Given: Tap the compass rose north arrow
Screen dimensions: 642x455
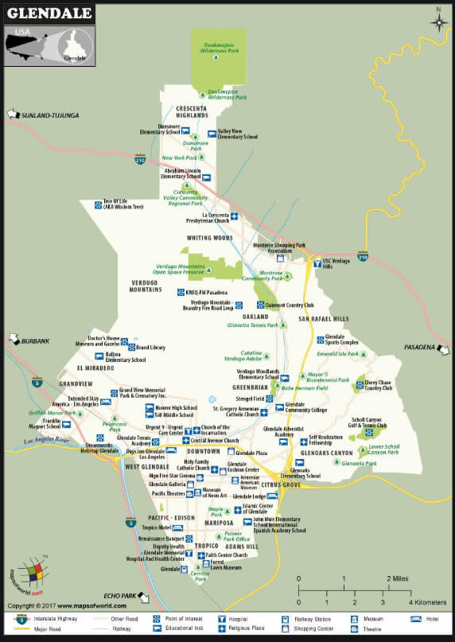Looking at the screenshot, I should click(439, 19).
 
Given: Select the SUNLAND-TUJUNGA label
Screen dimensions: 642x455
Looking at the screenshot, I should click(50, 115).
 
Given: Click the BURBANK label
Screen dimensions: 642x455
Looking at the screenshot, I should click(36, 341).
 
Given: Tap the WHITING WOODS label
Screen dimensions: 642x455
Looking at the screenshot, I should click(210, 238).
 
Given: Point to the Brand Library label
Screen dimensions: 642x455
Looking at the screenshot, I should click(150, 348).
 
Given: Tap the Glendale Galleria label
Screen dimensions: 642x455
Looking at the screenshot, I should click(166, 484).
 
